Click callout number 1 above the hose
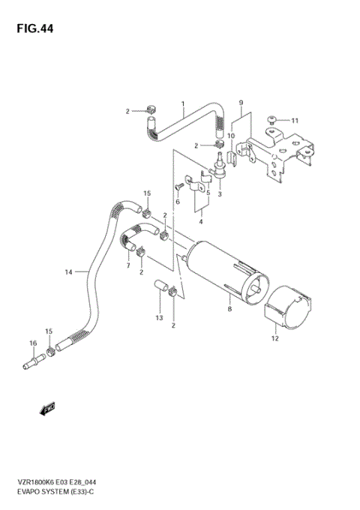(181, 103)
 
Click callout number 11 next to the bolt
(295, 121)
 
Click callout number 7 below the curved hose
(128, 265)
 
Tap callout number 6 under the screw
(178, 202)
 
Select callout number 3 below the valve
(220, 194)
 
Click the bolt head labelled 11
(274, 118)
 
